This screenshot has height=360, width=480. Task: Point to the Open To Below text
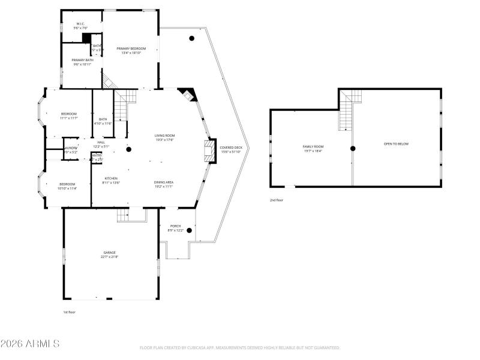coord(396,144)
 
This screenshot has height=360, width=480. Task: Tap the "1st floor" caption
coord(70,312)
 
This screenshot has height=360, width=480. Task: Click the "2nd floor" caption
coord(277,200)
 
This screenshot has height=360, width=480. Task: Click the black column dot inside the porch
coord(189,230)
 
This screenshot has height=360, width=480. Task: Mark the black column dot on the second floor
coord(353,148)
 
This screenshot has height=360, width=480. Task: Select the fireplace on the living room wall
coord(209,150)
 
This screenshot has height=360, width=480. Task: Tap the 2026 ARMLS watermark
coord(30,344)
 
